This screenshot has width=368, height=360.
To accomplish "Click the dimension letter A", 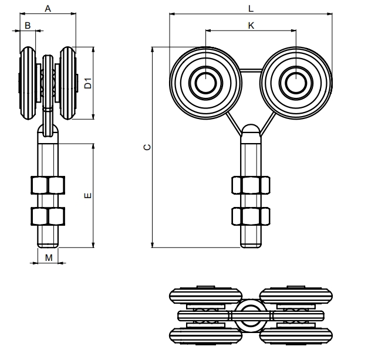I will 48,9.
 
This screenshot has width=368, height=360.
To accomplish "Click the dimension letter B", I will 28,26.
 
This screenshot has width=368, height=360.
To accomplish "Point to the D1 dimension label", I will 87,83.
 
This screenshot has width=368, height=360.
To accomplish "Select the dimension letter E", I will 87,195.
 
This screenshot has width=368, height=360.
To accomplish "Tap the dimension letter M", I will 49,257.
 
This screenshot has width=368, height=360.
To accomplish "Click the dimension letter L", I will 251,8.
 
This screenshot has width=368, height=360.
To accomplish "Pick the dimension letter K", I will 251,25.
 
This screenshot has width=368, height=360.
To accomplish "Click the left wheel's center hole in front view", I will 205,83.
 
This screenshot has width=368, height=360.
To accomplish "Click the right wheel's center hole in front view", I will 296,83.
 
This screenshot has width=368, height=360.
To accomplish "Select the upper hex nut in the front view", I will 251,185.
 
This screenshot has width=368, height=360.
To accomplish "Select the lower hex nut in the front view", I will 251,216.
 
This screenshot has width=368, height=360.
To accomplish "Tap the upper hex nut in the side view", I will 48,185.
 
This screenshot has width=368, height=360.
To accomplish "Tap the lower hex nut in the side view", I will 48,216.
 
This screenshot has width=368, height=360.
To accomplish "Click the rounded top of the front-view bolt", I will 251,128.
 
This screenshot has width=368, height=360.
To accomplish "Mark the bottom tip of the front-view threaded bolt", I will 251,245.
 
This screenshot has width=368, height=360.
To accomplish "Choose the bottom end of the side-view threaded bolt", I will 48,245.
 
